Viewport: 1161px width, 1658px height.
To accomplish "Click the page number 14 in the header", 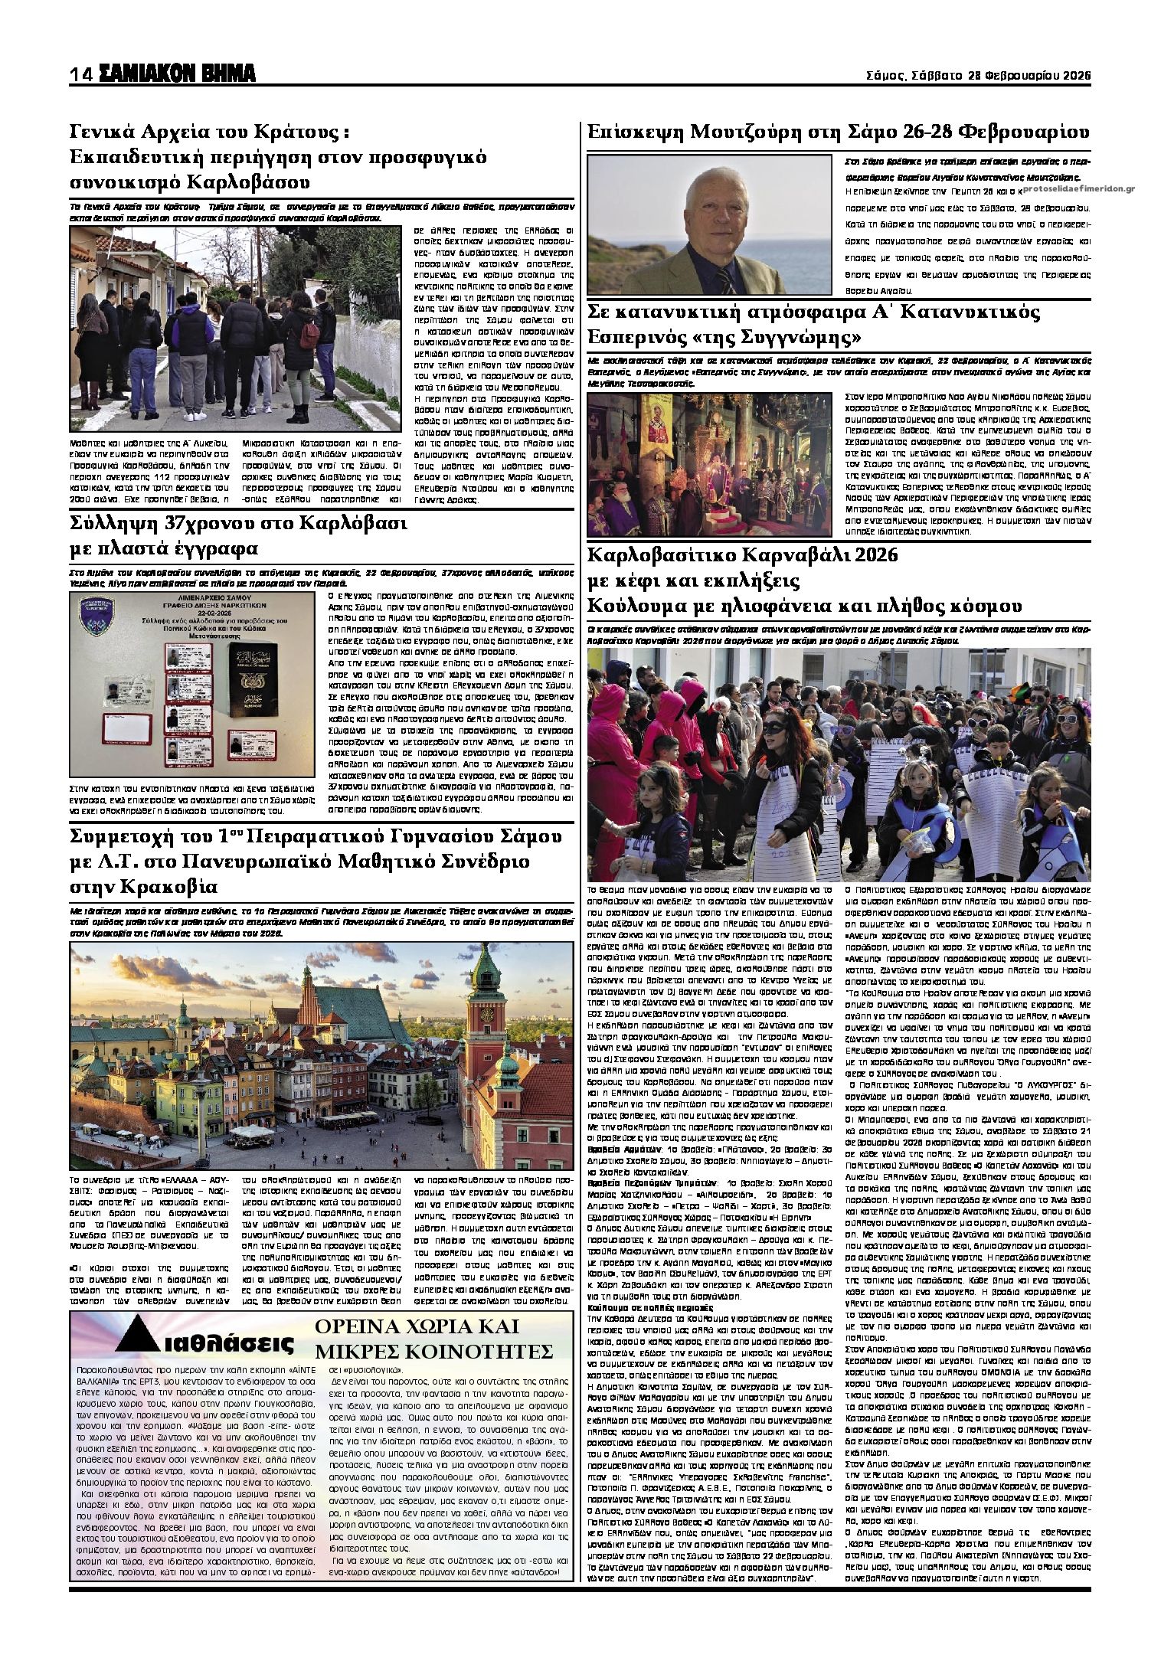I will point(80,74).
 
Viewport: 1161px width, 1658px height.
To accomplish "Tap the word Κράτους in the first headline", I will point(296,132).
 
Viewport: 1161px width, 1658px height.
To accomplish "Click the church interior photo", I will point(708,464).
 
